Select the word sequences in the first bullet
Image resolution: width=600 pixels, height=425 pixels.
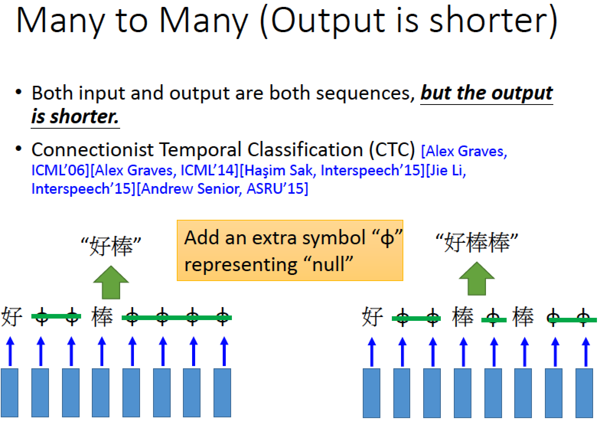[365, 94]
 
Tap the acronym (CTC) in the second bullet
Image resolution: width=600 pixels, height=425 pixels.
[392, 150]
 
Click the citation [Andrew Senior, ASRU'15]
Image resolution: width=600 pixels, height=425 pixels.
[223, 189]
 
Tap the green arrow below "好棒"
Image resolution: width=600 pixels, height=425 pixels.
[111, 283]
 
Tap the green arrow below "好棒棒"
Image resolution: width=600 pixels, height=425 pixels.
[477, 279]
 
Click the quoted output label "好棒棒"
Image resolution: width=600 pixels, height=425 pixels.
[477, 242]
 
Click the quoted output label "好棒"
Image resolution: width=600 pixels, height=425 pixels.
[111, 245]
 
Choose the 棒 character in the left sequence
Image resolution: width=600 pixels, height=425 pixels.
[102, 317]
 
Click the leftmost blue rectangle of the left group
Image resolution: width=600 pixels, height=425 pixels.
[10, 393]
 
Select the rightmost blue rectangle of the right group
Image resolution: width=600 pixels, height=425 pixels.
[584, 393]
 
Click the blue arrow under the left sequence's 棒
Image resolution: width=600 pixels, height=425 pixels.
[102, 351]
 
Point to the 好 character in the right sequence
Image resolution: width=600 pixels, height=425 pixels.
[372, 317]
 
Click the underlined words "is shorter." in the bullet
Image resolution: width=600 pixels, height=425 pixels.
[75, 118]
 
